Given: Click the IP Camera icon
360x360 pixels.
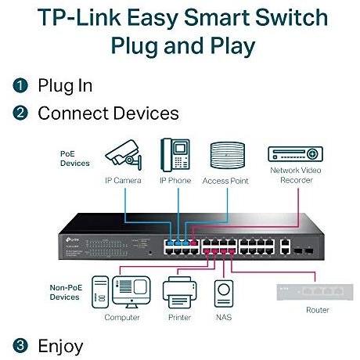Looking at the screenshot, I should point(123,157).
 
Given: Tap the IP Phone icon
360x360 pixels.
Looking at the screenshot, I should point(175,156).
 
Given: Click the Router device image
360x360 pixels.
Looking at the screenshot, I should point(312,291).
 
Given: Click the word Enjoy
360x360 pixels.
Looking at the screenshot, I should point(60,344).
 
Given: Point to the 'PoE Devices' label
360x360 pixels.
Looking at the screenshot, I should point(74,158).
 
